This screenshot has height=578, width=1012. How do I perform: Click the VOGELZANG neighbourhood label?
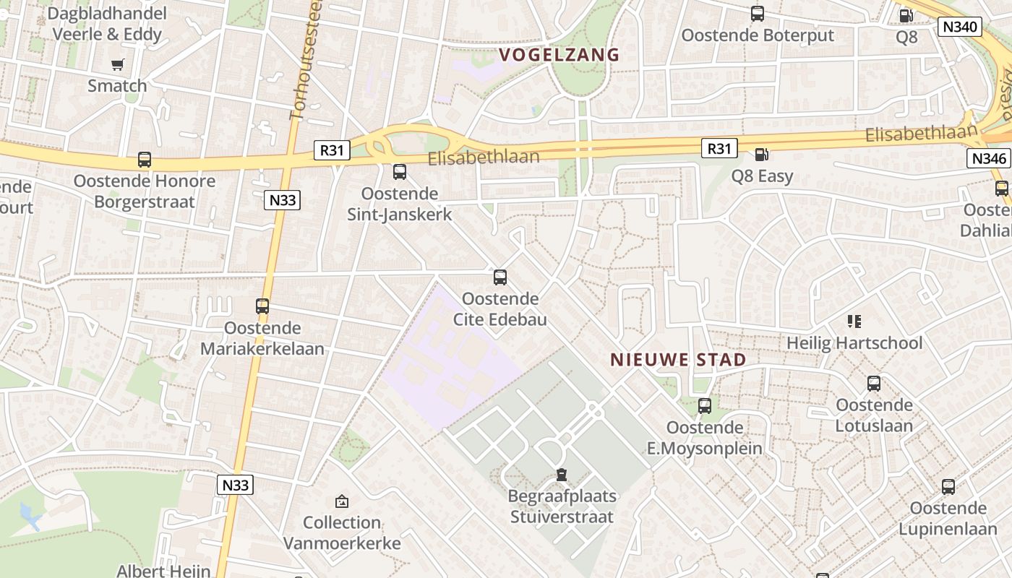tap(559, 54)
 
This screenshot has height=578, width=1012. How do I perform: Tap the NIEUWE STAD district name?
tap(678, 359)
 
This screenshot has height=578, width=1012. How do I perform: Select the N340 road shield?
tap(959, 27)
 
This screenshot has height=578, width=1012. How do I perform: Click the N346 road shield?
tap(988, 158)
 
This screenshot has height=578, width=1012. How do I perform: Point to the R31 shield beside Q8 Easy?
tap(719, 149)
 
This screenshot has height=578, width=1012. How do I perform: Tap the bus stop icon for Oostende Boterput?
tap(757, 14)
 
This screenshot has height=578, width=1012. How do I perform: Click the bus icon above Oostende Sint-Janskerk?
tap(400, 172)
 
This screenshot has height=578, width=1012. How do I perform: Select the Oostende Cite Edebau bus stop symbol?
tap(500, 277)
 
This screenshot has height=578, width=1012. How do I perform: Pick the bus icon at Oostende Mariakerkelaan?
tap(262, 306)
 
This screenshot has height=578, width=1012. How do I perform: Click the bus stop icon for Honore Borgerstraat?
tap(145, 160)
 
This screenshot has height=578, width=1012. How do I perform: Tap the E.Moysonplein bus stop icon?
tap(705, 406)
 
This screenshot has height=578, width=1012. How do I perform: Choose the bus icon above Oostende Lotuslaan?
tap(874, 384)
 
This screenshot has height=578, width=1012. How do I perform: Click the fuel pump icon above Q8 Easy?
tap(761, 155)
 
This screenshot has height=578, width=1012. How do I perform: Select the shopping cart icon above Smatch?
tap(117, 65)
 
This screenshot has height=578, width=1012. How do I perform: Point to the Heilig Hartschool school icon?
tap(854, 321)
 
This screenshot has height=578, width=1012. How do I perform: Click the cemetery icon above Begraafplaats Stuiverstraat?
tap(562, 475)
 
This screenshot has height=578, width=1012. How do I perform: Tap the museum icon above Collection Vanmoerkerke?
tap(342, 501)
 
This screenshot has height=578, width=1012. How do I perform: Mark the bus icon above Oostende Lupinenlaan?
tap(948, 486)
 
